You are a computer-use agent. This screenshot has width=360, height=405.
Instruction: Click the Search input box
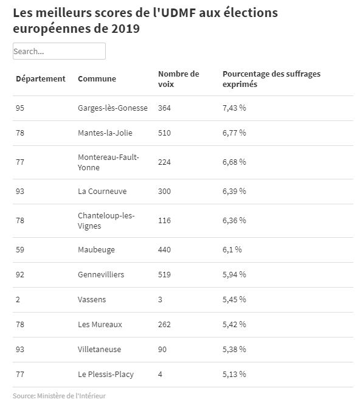tap(59, 51)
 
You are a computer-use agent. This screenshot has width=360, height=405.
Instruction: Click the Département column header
tap(41, 79)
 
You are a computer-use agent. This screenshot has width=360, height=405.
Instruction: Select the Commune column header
tap(97, 79)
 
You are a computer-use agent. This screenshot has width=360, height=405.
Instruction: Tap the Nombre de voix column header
tap(178, 79)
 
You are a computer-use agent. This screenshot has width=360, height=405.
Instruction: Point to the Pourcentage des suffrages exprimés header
tap(271, 79)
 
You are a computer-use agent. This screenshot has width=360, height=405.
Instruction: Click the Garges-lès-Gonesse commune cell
tap(112, 108)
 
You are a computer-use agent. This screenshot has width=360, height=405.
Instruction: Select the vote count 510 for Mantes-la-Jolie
tap(164, 133)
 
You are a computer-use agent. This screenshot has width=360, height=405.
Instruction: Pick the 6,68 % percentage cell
tap(234, 162)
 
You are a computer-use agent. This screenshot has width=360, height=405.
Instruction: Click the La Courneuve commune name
tap(102, 192)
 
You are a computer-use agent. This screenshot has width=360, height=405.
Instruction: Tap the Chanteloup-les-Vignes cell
tap(106, 221)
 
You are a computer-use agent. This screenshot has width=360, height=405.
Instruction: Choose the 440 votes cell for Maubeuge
tap(164, 250)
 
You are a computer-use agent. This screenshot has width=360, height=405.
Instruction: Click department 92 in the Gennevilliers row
tap(20, 275)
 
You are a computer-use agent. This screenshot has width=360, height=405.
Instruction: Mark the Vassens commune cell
tap(92, 300)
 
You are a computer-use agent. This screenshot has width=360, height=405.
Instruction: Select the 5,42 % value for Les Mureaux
tap(234, 324)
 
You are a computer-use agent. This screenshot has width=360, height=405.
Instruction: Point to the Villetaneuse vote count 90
tap(162, 350)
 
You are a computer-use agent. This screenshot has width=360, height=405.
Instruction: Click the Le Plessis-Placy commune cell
tap(106, 375)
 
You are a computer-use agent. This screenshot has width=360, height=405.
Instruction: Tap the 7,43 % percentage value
tap(234, 108)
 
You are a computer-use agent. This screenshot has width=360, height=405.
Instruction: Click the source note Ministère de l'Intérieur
tap(71, 396)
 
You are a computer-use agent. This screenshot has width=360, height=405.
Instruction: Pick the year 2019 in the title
tap(125, 29)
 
